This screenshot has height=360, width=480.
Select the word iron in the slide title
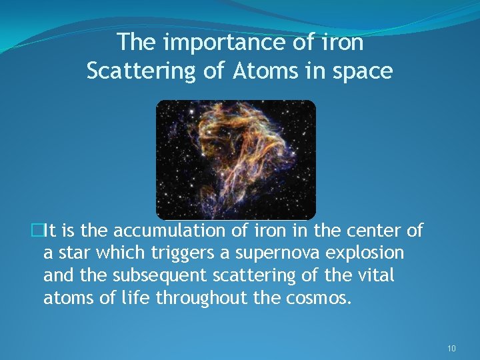tap(344, 43)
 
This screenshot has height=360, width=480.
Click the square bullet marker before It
tap(37, 231)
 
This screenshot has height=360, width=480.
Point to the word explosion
tap(371, 253)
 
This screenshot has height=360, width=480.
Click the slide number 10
tap(451, 349)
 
